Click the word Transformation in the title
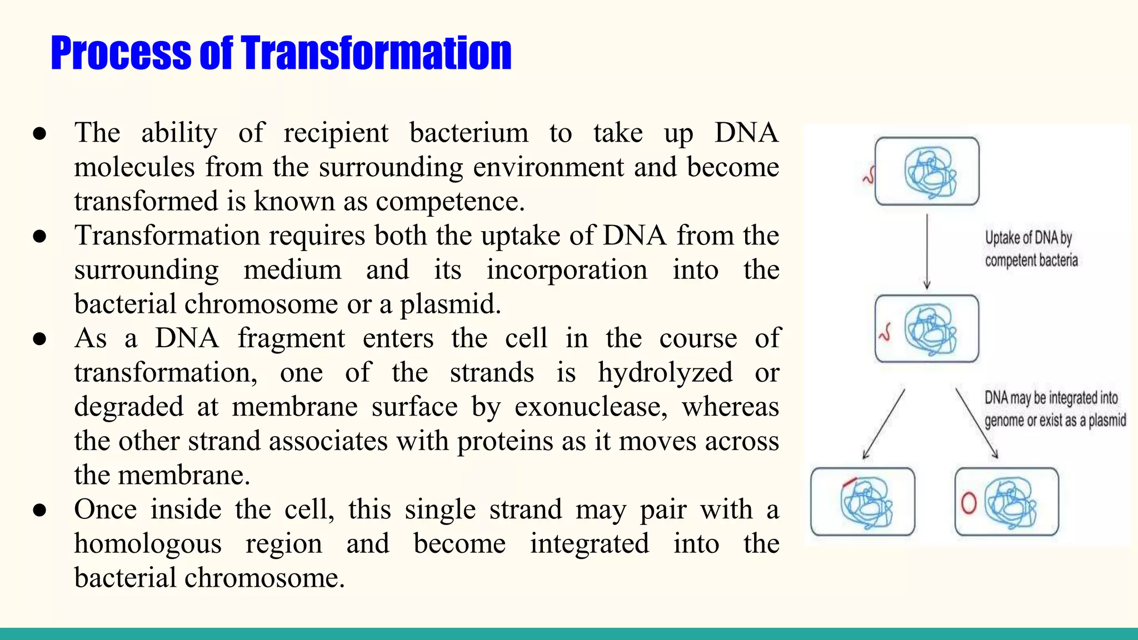[x=376, y=53]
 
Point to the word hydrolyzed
[x=665, y=373]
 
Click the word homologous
[x=148, y=544]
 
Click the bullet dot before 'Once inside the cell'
[x=39, y=510]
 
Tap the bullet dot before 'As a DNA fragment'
[x=39, y=339]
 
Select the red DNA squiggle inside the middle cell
[x=885, y=333]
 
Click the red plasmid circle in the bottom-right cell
[x=969, y=503]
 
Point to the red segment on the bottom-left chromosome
[x=850, y=482]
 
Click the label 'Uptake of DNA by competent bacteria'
[x=1031, y=249]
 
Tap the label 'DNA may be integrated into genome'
[x=1054, y=409]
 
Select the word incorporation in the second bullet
[x=567, y=271]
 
